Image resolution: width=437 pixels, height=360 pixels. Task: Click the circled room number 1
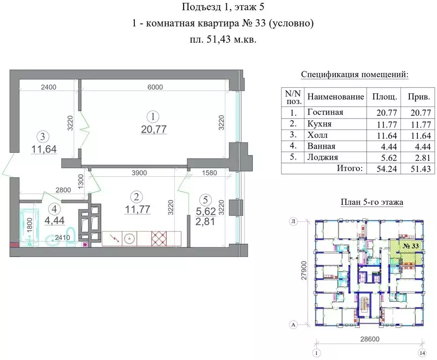(x=151, y=116)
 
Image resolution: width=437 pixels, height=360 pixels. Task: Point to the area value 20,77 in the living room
(x=154, y=129)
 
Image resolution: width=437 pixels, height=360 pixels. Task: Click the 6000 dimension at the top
(x=155, y=87)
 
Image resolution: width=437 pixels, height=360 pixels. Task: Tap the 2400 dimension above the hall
(x=48, y=87)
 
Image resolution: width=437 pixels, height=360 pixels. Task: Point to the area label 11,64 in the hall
(x=44, y=150)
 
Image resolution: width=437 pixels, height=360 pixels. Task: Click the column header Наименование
(x=335, y=97)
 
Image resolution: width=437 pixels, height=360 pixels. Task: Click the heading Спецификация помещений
(x=354, y=75)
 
